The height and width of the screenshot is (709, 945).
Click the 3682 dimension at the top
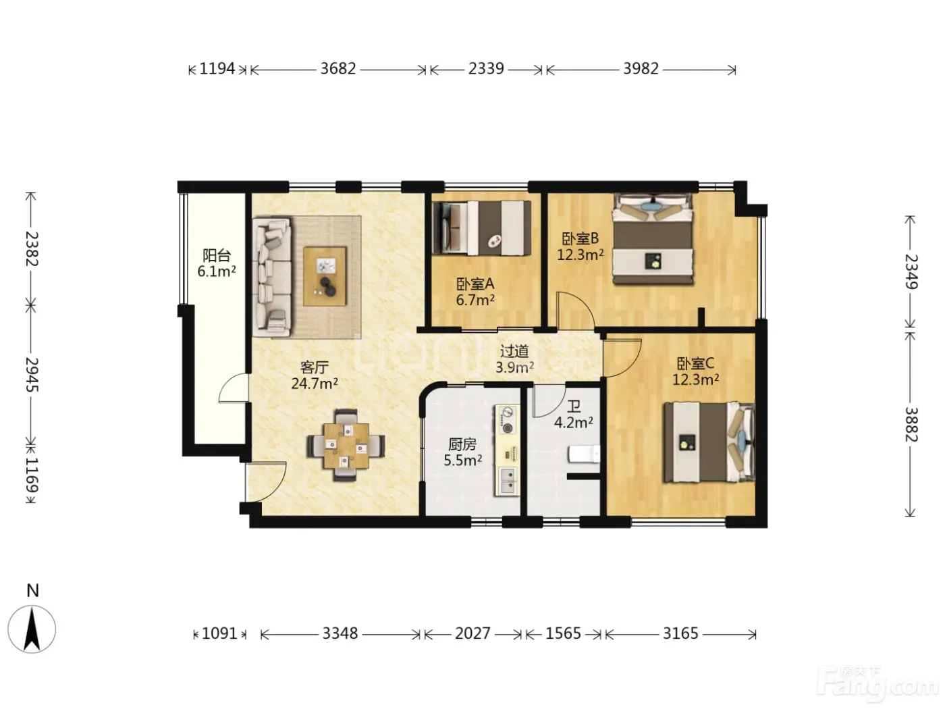click(x=338, y=69)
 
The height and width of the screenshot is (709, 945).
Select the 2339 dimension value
click(x=486, y=69)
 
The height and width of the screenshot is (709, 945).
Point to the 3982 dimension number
click(x=641, y=69)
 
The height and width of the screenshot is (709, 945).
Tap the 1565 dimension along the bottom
click(x=563, y=633)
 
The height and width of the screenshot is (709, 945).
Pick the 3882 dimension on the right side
click(x=910, y=425)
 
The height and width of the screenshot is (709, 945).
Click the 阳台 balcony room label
click(x=217, y=255)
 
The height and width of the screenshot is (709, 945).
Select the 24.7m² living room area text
click(x=315, y=383)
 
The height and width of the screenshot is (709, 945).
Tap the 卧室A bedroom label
click(x=475, y=284)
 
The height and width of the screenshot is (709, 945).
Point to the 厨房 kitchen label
click(x=462, y=444)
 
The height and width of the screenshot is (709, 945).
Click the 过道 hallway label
click(x=514, y=351)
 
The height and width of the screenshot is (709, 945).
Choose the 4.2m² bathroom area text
click(x=574, y=422)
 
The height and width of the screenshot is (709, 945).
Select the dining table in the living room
click(x=346, y=446)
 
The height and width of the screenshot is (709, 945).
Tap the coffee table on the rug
click(x=325, y=276)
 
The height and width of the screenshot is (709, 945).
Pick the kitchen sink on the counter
click(x=509, y=481)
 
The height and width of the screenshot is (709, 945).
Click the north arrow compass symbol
click(x=32, y=629)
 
